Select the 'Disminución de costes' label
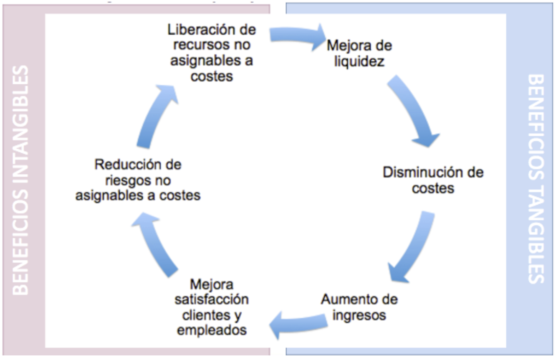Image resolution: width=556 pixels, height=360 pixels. pyautogui.click(x=433, y=180)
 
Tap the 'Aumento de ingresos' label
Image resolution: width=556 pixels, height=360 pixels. pyautogui.click(x=359, y=307)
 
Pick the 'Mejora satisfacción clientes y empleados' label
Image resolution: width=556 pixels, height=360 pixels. pyautogui.click(x=212, y=307)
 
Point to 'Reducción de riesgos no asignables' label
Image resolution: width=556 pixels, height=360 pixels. pyautogui.click(x=138, y=180)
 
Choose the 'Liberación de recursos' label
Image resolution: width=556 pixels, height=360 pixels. pyautogui.click(x=212, y=53)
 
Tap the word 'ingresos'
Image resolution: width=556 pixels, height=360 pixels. pyautogui.click(x=359, y=315)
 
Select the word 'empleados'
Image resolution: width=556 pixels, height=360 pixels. pyautogui.click(x=212, y=330)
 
